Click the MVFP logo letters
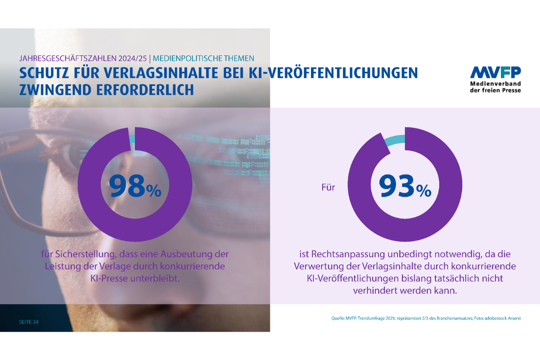point(495,73)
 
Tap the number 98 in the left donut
point(127,186)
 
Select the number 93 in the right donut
point(396,186)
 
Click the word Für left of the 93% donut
point(328,187)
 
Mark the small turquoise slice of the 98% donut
point(132,139)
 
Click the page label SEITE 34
point(28,322)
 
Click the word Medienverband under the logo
point(495,84)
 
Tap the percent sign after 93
point(423,191)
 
